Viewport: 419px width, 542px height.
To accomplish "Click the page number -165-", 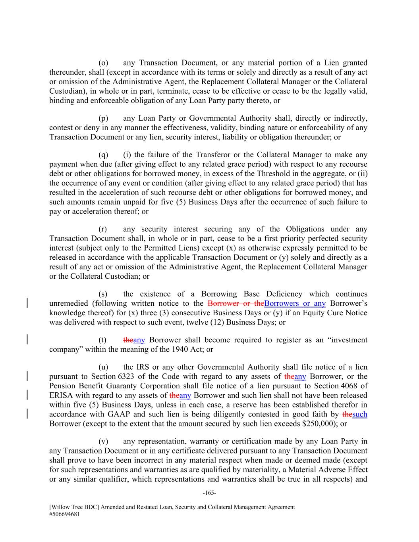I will pyautogui.click(x=209, y=493).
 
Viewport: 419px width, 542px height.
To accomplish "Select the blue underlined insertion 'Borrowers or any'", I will pyautogui.click(x=295, y=304).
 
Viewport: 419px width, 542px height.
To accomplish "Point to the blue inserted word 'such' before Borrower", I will pyautogui.click(x=359, y=414).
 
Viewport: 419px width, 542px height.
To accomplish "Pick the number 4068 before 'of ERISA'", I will pyautogui.click(x=350, y=386).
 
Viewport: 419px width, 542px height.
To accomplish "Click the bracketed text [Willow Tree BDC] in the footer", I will pyautogui.click(x=72, y=507).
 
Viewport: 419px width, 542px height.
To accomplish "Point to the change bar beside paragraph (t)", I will pyautogui.click(x=27, y=340).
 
